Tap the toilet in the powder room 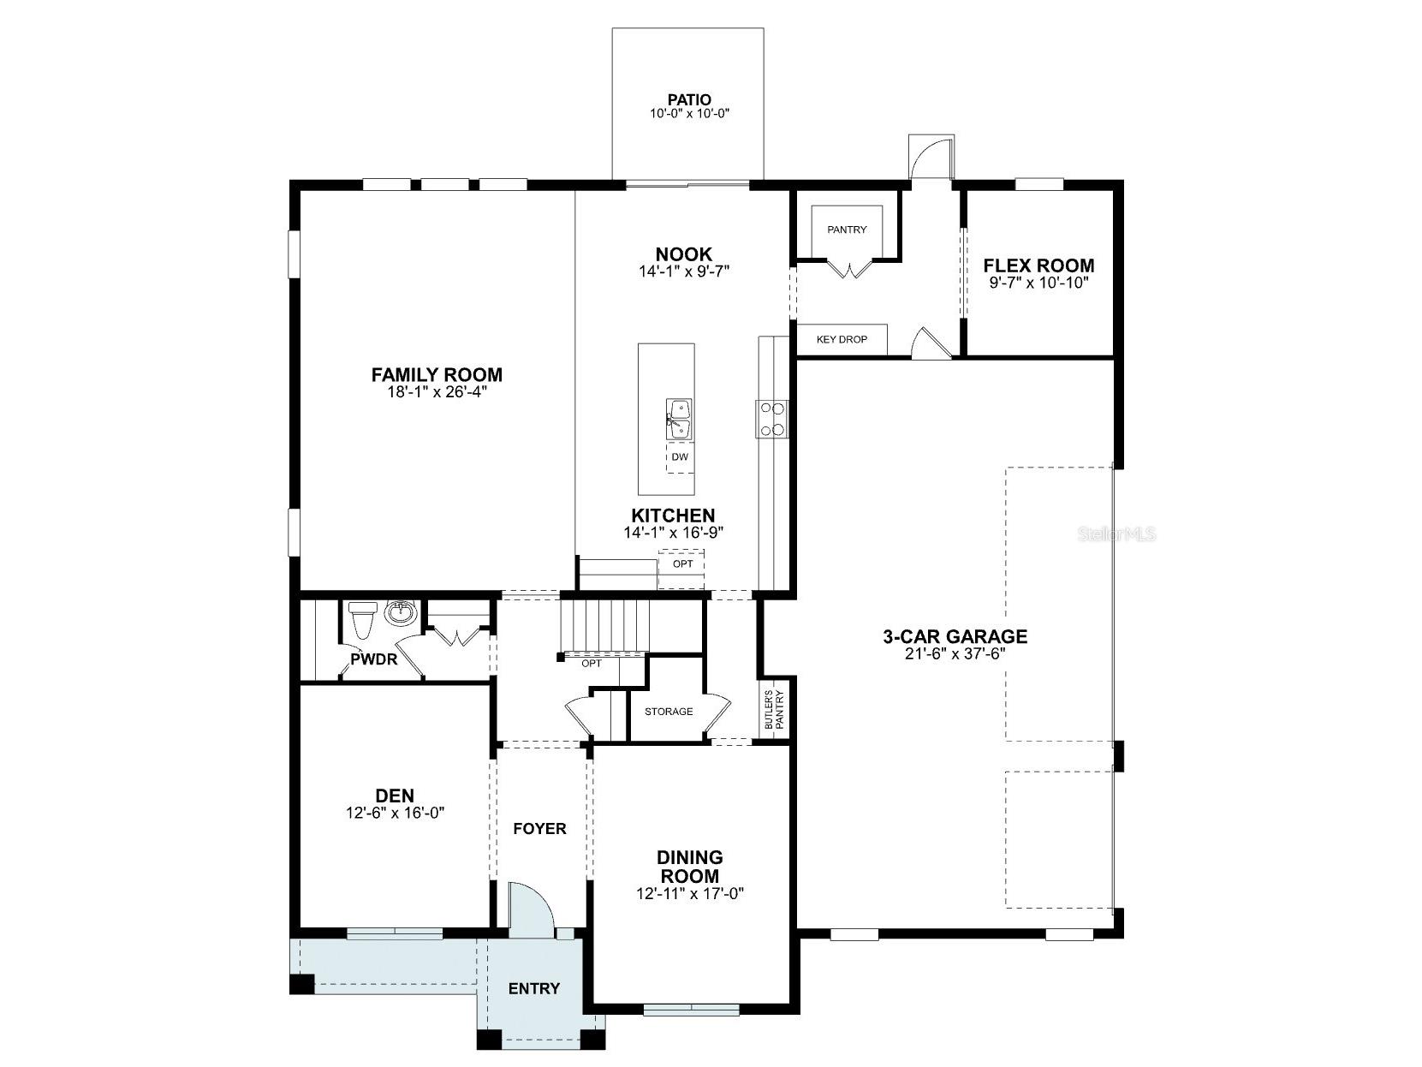click(361, 620)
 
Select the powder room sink click(400, 612)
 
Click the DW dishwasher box click(680, 457)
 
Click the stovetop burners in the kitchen click(771, 420)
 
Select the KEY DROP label click(841, 340)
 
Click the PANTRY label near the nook click(847, 229)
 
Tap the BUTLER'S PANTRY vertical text click(774, 709)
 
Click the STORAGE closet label click(668, 712)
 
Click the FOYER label click(539, 828)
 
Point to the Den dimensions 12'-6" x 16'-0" click(395, 813)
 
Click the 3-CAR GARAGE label click(955, 636)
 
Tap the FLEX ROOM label click(1038, 265)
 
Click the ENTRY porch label click(533, 988)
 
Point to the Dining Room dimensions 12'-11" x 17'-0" click(690, 893)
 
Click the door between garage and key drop click(928, 343)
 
